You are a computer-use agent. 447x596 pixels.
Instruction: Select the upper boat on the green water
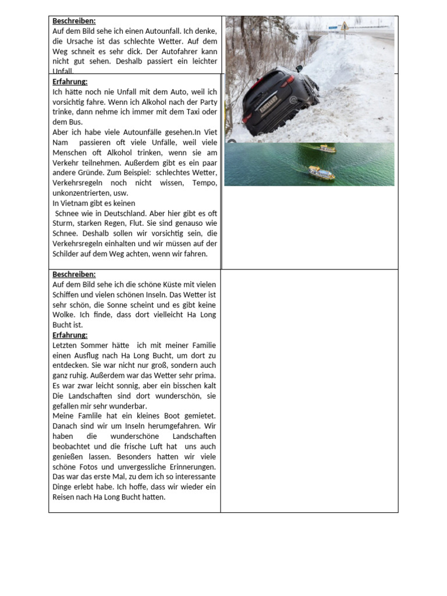pyautogui.click(x=327, y=149)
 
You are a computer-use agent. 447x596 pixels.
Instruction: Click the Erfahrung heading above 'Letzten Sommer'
pyautogui.click(x=70, y=335)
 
